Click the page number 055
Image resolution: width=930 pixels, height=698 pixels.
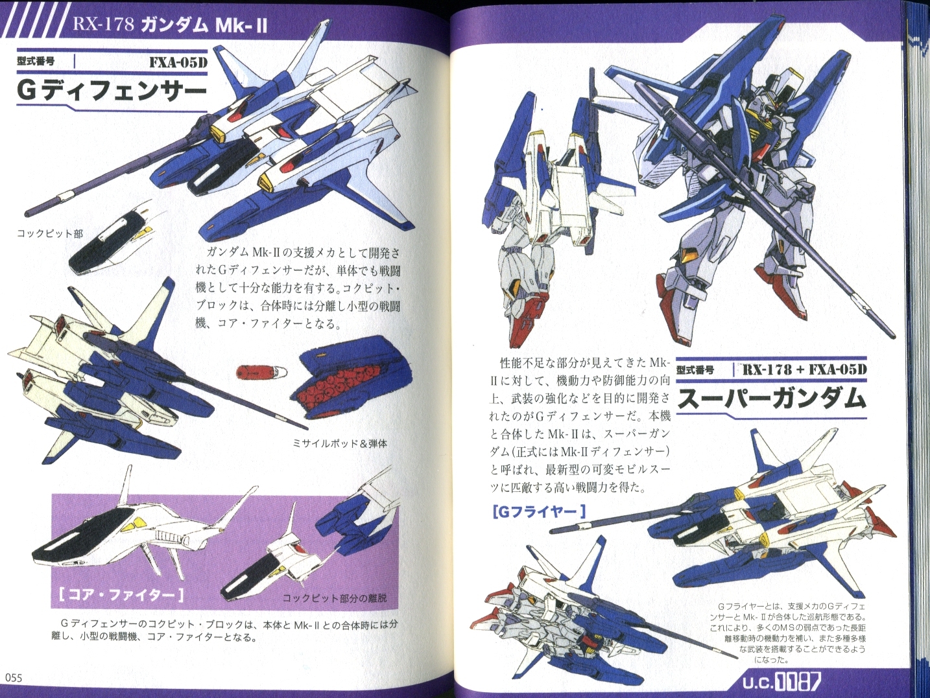click(12, 678)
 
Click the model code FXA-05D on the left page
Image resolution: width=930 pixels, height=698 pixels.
click(178, 63)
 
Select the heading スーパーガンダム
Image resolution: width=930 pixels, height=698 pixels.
click(771, 399)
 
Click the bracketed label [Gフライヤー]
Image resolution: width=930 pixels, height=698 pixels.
click(539, 512)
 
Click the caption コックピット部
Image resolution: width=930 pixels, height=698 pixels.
click(49, 233)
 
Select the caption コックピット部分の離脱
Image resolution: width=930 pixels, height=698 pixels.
click(334, 599)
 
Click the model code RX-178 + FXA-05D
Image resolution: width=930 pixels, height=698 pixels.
click(803, 369)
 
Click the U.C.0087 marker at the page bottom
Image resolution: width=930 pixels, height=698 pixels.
click(781, 682)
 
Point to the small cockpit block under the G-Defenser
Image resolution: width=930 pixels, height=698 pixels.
click(112, 241)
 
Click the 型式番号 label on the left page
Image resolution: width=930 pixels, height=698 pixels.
click(36, 62)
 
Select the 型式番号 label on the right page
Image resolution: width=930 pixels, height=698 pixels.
click(696, 370)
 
